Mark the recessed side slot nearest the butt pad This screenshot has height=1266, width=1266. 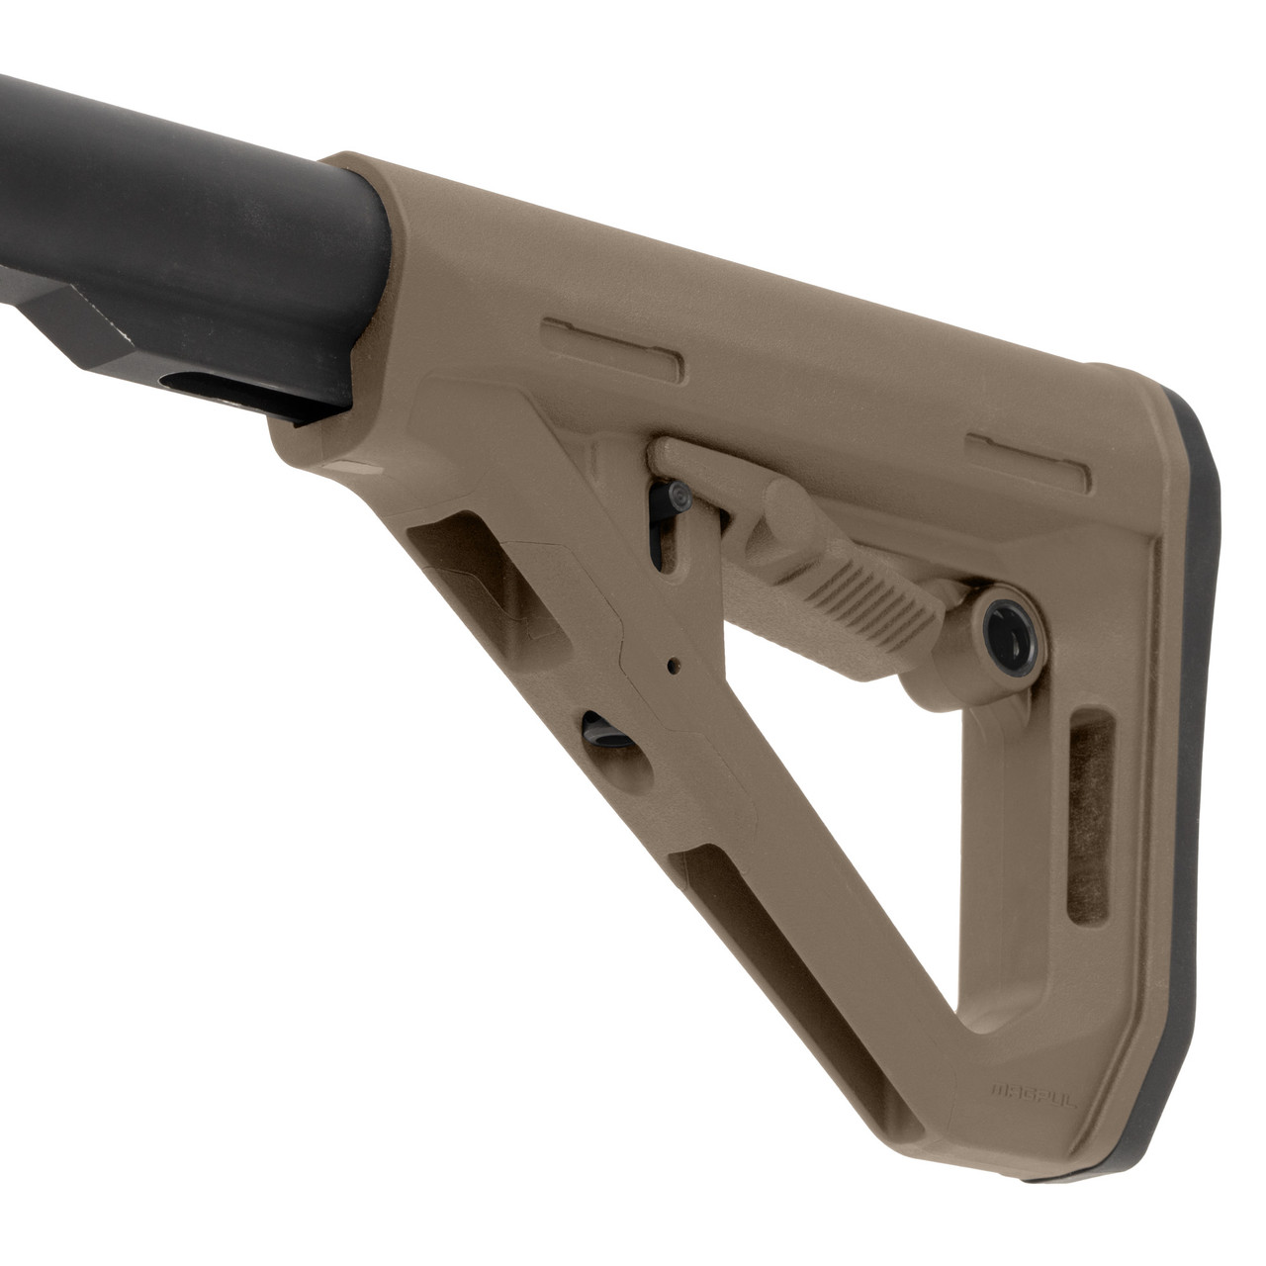coord(1028,456)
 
